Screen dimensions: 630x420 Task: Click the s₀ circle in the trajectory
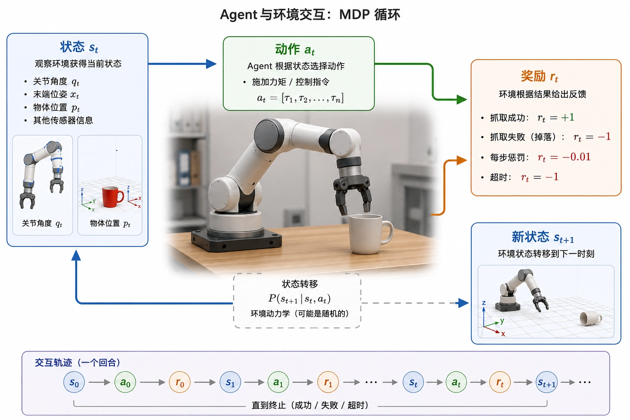[x=74, y=382]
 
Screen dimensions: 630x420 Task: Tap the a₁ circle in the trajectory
[x=278, y=382]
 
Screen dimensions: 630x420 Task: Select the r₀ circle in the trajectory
[x=180, y=382]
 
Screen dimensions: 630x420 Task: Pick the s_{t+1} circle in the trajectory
[x=547, y=382]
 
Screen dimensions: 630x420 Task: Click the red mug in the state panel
[x=112, y=196]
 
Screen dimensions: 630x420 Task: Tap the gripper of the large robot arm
[x=353, y=194]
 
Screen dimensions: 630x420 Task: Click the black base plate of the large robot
[x=236, y=240]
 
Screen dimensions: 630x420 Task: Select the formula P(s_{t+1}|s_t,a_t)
[x=299, y=299]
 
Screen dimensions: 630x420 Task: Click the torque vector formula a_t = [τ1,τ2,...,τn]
[x=300, y=98]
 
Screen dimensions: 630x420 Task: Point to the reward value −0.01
[x=576, y=157]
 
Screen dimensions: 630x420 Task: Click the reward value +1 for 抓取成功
[x=567, y=117]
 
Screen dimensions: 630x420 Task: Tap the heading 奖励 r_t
[x=539, y=76]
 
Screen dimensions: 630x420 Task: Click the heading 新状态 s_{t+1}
[x=543, y=237]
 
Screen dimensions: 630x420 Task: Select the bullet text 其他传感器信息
[x=63, y=121]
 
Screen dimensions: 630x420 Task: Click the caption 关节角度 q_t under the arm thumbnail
[x=42, y=224]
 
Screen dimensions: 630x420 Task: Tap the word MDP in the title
[x=354, y=14]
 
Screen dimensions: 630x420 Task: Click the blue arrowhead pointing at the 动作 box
[x=211, y=64]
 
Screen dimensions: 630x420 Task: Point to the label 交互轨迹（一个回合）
[x=78, y=363]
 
